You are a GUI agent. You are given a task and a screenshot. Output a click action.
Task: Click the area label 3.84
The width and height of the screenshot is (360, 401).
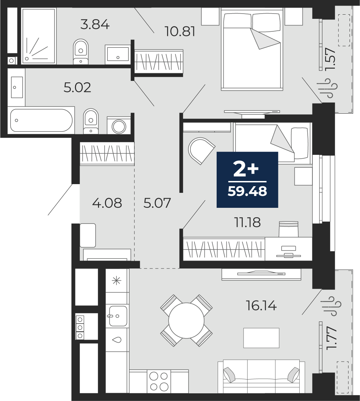(x=95, y=25)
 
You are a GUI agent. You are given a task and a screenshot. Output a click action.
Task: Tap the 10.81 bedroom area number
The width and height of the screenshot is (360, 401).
(x=180, y=32)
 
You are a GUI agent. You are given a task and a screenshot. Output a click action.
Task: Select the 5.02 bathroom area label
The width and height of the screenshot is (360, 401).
(x=77, y=88)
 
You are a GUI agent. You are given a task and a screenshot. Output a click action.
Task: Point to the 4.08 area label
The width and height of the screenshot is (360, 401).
(x=107, y=203)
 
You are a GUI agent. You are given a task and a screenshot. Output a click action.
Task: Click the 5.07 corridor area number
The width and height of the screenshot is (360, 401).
(x=157, y=203)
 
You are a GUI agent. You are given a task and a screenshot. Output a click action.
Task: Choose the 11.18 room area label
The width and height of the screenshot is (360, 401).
(x=247, y=222)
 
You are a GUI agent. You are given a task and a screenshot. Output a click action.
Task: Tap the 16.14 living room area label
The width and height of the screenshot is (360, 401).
(x=261, y=305)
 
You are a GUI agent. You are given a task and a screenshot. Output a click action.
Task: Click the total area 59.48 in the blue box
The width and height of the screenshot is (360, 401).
(x=247, y=191)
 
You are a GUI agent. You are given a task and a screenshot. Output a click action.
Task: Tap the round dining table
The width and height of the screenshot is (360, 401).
(x=186, y=320)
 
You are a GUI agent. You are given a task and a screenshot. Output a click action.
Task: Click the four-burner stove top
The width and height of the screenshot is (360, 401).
(x=159, y=381)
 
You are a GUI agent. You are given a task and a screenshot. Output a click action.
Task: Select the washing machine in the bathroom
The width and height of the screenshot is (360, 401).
(x=119, y=125)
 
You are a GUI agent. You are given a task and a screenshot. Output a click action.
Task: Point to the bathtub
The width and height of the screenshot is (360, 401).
(x=41, y=120)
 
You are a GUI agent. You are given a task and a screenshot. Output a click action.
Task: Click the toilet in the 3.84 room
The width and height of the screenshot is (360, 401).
(x=81, y=52)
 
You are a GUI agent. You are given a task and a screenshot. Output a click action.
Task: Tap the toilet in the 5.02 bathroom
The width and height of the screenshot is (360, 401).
(x=91, y=121)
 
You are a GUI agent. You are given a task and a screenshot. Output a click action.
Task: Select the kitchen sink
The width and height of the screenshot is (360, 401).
(x=118, y=316)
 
